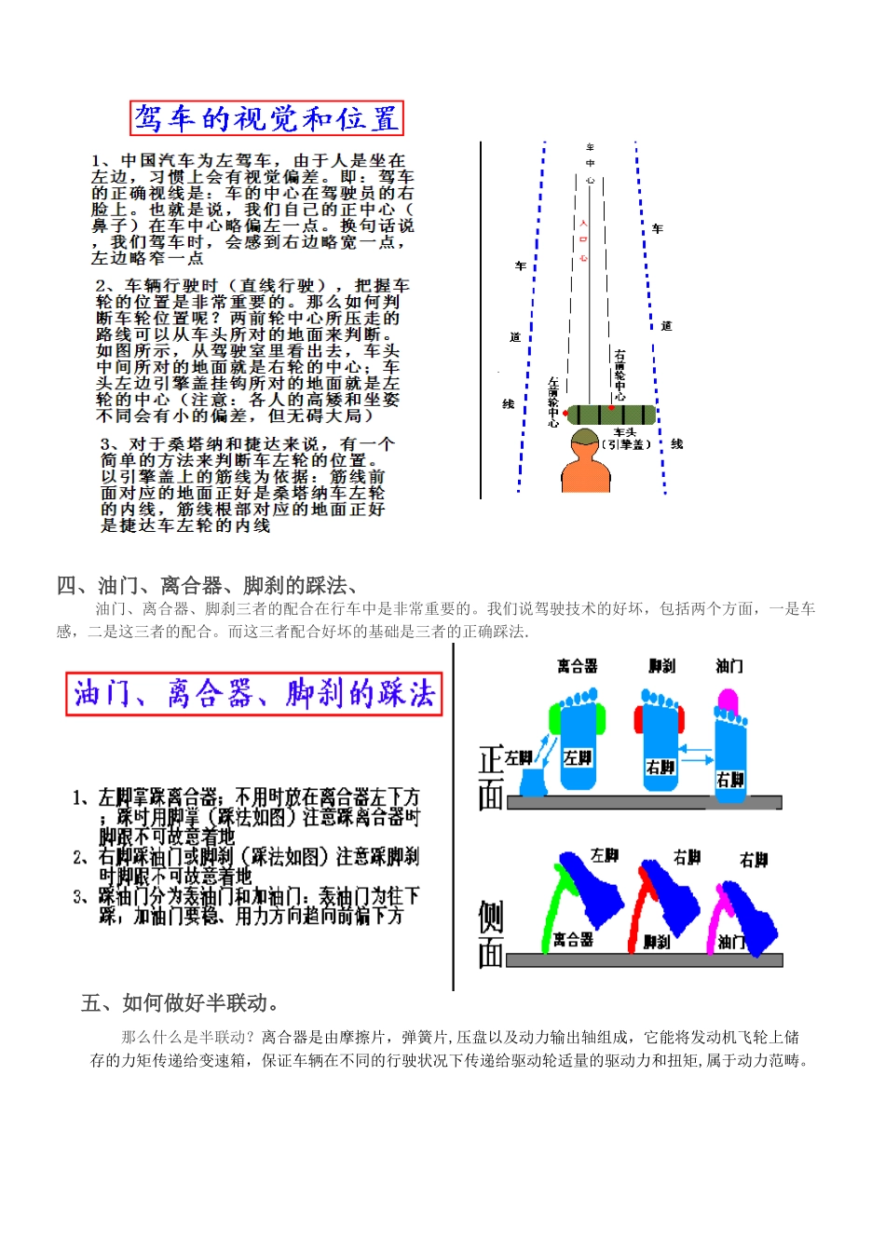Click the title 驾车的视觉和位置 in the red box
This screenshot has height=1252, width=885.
click(x=266, y=118)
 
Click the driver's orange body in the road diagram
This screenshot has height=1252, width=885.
click(x=585, y=470)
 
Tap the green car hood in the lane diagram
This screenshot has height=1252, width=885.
click(x=611, y=415)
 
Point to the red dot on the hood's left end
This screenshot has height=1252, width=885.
click(x=565, y=413)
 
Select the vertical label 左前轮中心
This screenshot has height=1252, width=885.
click(x=553, y=401)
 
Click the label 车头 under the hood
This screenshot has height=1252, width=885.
click(x=625, y=432)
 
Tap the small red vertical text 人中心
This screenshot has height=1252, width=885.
click(x=583, y=240)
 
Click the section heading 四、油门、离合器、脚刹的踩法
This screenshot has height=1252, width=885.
click(x=207, y=586)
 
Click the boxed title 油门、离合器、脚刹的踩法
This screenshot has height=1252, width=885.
click(x=253, y=694)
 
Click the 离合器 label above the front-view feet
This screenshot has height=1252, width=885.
click(x=577, y=666)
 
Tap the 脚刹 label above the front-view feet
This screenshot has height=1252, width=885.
click(x=661, y=666)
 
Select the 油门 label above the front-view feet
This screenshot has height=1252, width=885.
click(x=729, y=666)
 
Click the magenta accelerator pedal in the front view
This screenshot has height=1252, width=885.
click(x=728, y=701)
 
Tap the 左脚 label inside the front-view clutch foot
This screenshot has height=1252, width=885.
click(x=578, y=757)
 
